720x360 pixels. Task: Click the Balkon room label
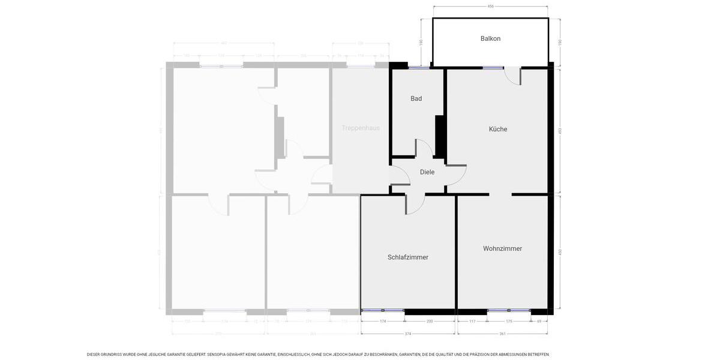490,38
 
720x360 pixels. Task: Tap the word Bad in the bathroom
416,98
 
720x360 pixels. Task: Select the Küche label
498,129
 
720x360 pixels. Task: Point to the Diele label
427,172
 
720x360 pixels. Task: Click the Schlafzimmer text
408,257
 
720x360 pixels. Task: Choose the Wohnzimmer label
502,248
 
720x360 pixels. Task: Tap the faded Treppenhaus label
361,128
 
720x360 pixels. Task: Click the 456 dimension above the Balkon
490,7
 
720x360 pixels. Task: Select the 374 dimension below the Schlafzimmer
408,334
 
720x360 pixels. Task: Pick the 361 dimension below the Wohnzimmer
503,334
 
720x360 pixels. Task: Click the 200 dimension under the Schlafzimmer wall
430,322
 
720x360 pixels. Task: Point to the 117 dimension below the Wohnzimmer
472,322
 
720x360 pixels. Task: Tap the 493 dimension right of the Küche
560,131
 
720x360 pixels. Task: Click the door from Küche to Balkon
512,75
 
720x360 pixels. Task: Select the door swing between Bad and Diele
424,148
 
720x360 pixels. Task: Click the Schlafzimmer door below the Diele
415,205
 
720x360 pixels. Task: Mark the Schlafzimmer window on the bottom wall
383,311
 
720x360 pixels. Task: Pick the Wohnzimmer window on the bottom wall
509,311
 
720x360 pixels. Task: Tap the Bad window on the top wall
419,68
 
